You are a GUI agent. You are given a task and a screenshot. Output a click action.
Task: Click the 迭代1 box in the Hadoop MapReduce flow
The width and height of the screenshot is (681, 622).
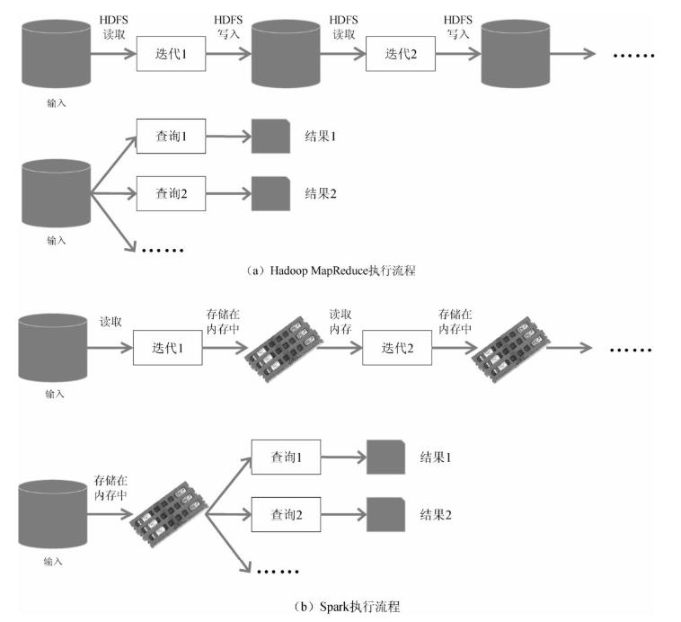tap(171, 55)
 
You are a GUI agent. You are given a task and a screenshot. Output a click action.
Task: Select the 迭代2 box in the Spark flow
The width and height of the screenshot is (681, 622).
tap(397, 348)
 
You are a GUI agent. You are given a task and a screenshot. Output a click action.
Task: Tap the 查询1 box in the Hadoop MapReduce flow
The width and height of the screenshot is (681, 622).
tap(171, 138)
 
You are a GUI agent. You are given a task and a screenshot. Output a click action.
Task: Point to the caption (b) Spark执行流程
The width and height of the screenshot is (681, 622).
tap(346, 606)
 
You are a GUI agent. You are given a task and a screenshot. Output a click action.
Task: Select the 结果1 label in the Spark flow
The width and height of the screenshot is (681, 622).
tap(435, 458)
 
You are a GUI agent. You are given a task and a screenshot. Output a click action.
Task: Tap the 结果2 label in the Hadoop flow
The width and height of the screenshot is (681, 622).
tap(320, 192)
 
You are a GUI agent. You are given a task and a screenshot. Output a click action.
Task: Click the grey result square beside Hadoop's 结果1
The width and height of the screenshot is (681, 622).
tap(270, 138)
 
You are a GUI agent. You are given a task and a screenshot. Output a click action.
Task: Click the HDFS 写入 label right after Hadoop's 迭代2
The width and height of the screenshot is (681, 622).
tap(458, 26)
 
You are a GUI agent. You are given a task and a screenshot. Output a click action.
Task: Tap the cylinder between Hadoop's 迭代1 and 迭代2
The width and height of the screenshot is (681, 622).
tap(286, 54)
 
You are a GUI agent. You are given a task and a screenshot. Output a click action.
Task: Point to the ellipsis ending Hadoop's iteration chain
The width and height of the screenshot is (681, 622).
tap(634, 55)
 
